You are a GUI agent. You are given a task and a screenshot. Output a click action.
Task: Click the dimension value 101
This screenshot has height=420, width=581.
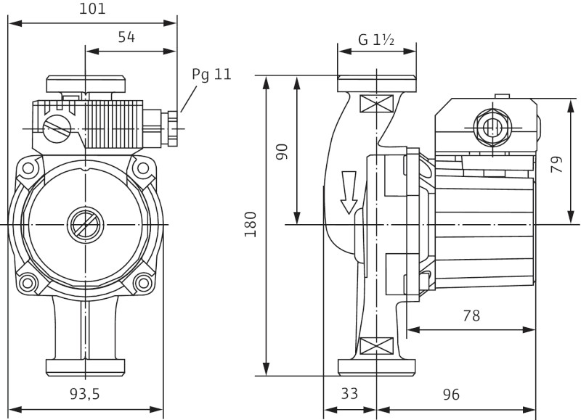(x=92, y=9)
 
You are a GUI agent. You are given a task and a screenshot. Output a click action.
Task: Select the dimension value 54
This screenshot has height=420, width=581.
(x=126, y=38)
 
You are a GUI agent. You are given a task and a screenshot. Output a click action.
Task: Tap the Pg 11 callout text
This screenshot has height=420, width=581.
(x=211, y=75)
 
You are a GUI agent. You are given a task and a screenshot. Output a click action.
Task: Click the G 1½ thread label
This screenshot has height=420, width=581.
(x=376, y=41)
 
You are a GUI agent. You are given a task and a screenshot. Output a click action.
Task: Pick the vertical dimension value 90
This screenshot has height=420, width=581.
(x=283, y=151)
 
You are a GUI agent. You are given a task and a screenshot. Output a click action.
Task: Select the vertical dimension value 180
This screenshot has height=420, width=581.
(x=251, y=225)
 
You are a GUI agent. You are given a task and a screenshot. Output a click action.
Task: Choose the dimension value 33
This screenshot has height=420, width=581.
(x=349, y=394)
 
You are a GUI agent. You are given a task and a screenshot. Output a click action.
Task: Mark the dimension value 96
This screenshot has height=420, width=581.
(x=451, y=394)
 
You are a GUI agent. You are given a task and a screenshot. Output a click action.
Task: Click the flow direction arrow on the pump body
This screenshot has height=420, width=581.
(x=349, y=192)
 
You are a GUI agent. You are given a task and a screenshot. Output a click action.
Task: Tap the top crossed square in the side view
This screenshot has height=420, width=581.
(x=376, y=103)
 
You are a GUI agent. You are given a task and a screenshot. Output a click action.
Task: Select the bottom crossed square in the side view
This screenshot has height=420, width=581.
(x=376, y=345)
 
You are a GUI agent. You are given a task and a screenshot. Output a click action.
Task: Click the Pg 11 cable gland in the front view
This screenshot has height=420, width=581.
(x=171, y=128)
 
